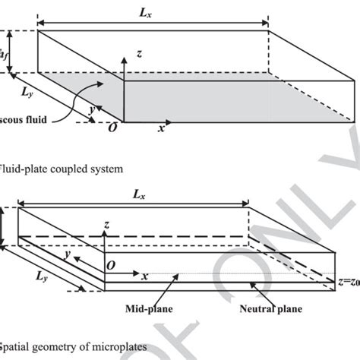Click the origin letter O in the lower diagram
(x=109, y=267)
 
